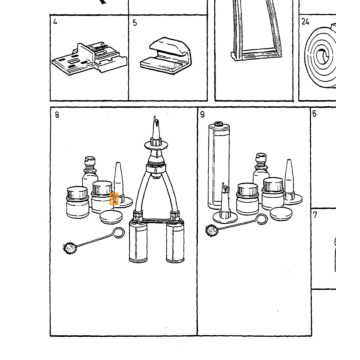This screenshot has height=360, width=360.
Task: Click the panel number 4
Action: tap(55, 22)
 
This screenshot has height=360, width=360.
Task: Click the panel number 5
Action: tap(135, 23)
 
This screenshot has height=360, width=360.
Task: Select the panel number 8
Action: tap(57, 115)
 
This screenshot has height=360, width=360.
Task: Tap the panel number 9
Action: tap(202, 115)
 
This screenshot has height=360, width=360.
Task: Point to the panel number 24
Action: tap(305, 22)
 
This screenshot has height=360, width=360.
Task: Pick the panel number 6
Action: tap(314, 114)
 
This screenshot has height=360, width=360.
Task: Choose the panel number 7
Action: tap(315, 215)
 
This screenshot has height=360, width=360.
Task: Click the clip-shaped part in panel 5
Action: tap(166, 56)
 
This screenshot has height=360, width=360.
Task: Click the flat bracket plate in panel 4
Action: tap(89, 59)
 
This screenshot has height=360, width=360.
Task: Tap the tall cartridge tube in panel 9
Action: tap(219, 165)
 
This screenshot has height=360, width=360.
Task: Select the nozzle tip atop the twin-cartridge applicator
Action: tap(155, 128)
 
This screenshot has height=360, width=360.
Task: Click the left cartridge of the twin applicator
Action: tap(138, 241)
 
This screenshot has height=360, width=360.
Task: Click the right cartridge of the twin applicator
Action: tap(175, 241)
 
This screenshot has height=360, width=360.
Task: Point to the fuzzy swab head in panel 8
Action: tap(70, 248)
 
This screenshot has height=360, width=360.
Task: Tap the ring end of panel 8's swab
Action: tap(118, 233)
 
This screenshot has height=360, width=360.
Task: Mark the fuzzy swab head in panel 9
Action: tap(211, 230)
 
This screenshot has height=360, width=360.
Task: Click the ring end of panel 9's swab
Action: tap(262, 219)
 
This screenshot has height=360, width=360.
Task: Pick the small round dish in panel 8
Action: tap(111, 217)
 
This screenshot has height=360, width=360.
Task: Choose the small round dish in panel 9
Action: tap(281, 214)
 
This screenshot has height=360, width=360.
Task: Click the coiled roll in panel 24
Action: tap(321, 57)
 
